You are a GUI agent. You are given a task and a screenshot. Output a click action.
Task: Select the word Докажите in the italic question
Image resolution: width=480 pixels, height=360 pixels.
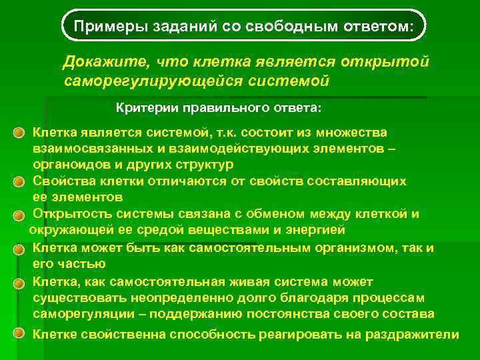click(x=105, y=62)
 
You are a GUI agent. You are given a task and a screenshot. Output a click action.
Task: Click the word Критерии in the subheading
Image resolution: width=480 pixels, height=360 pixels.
click(x=143, y=107)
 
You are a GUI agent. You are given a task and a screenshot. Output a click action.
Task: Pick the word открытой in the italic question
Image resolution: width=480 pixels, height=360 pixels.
click(x=389, y=62)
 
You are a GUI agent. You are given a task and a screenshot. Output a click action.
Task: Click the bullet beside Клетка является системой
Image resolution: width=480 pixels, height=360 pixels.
click(x=23, y=133)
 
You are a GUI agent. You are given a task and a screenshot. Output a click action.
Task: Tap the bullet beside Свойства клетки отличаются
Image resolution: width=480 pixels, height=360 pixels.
click(x=23, y=183)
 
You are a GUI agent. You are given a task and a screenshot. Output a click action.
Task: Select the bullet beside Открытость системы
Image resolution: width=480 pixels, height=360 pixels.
click(x=23, y=215)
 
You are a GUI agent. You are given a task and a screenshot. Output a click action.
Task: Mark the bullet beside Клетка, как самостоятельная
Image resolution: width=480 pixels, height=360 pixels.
click(x=23, y=283)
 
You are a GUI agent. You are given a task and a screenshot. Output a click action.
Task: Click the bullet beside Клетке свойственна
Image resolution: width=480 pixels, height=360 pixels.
click(x=23, y=333)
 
